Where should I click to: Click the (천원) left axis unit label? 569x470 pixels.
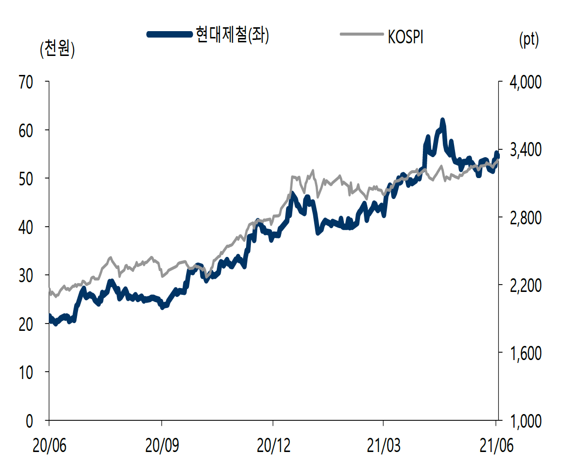57,50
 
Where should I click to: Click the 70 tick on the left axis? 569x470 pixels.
26,82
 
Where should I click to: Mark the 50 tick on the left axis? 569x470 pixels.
26,179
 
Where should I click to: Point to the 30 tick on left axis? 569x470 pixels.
26,275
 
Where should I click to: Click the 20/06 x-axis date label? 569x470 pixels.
49,444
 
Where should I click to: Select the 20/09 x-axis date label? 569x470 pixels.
162,444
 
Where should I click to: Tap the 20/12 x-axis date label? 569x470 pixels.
273,444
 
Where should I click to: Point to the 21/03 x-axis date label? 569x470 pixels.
383,444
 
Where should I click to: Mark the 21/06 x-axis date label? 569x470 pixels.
495,444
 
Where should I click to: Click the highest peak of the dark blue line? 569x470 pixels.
442,120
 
